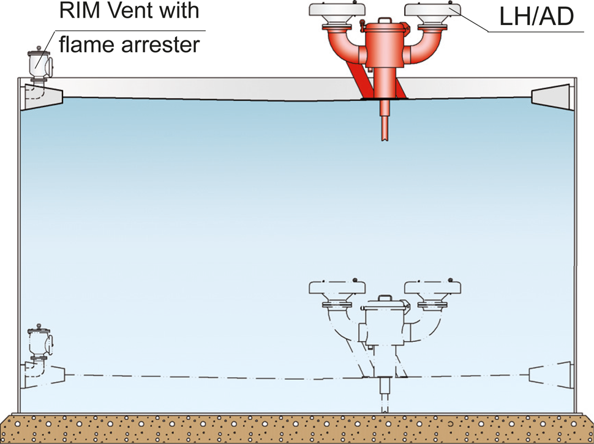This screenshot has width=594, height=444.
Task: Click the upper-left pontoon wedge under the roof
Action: click(42, 97)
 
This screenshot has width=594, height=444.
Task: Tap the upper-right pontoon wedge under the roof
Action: click(551, 97)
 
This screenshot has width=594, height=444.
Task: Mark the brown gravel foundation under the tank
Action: click(297, 428)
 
